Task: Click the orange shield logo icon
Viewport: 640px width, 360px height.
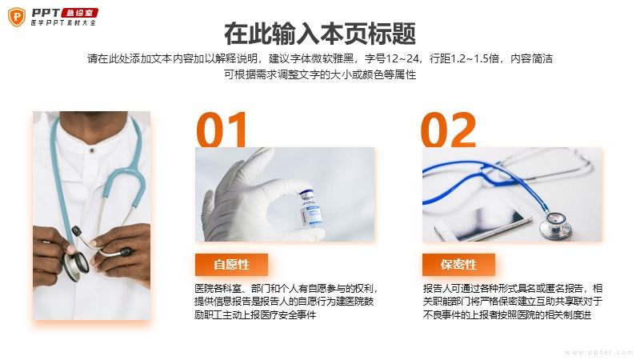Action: coord(16,18)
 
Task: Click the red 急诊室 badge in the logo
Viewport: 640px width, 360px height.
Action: coord(79,13)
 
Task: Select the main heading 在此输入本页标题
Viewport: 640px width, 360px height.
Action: coord(320,34)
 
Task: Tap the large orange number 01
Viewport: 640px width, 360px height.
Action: coord(222,130)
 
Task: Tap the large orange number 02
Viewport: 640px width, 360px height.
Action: coord(449,130)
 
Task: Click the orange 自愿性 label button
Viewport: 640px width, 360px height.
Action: coord(231,265)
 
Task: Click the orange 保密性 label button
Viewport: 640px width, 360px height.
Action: coord(458,265)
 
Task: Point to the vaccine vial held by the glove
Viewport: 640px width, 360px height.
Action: coord(310,208)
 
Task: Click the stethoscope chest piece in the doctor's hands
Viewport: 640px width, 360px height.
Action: coord(76,266)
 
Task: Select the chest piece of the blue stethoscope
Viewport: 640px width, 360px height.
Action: coord(555,225)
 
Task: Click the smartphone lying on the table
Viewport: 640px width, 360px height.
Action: coord(483,224)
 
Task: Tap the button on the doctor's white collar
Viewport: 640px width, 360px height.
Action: coord(92,150)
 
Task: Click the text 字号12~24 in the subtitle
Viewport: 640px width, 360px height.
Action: coord(392,58)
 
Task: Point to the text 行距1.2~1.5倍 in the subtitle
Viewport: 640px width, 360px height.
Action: coord(465,58)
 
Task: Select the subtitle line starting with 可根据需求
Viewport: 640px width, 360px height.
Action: coord(320,74)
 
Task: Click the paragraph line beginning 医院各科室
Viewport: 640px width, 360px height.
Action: coord(286,289)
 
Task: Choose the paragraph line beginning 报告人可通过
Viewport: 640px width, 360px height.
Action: coord(513,289)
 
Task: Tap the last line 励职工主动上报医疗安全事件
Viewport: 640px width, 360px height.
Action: coord(255,314)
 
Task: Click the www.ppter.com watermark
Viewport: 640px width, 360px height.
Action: coord(598,353)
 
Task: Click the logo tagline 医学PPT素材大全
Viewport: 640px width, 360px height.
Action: coord(63,23)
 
